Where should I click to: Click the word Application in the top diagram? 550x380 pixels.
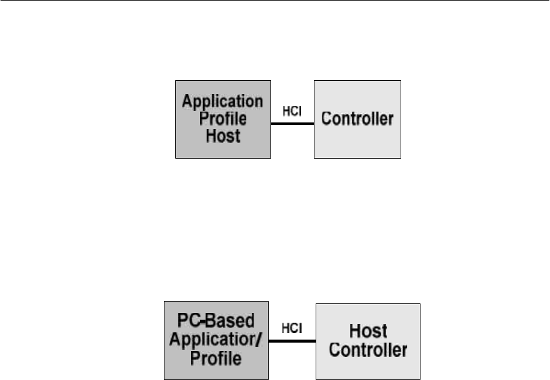223,101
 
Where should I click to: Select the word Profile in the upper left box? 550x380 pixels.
223,118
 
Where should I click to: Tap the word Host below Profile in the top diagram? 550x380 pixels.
223,136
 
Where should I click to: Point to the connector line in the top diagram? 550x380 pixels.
292,124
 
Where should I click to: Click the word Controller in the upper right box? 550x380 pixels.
358,118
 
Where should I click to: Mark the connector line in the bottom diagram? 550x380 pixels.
292,341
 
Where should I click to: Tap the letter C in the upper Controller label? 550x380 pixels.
328,118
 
